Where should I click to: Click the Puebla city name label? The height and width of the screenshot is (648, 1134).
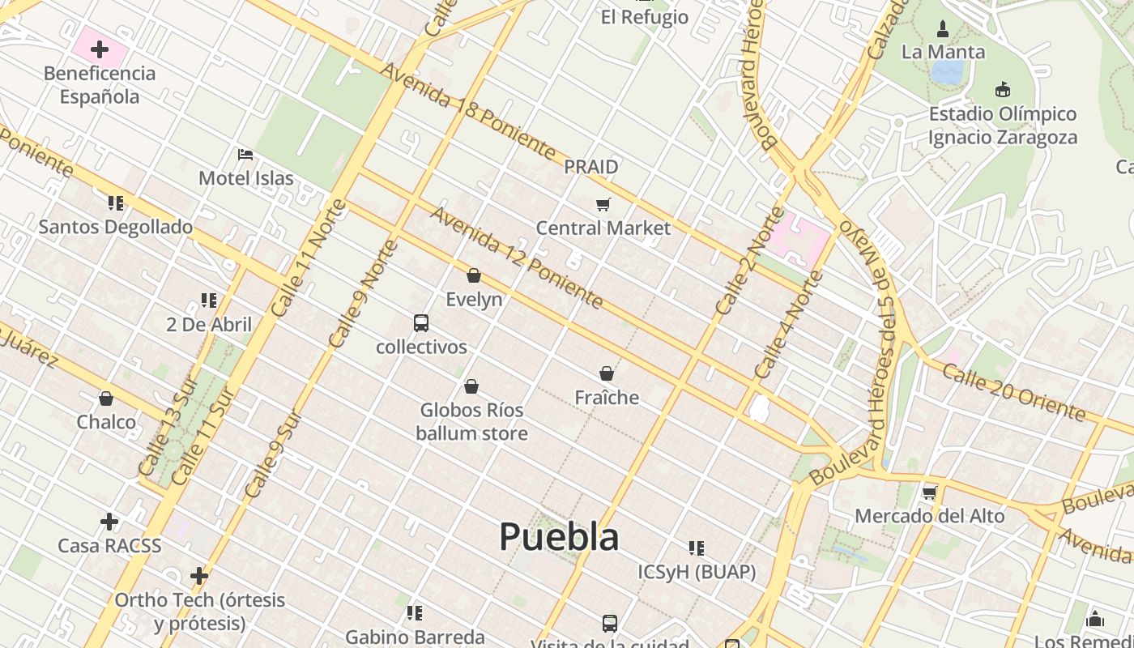559,536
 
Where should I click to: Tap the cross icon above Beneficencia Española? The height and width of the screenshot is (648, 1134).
100,50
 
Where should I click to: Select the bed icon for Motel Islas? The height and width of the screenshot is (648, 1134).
245,154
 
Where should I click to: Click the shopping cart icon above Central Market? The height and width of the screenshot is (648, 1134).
603,204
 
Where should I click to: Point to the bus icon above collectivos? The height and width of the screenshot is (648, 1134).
421,323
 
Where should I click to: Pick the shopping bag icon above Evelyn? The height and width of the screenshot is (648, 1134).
474,276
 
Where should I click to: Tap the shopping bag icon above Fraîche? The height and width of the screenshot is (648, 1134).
607,373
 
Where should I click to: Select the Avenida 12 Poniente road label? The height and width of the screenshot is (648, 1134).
517,257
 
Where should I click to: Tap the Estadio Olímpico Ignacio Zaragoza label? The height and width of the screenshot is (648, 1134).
1003,126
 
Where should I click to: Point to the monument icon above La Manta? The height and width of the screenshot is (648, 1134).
942,29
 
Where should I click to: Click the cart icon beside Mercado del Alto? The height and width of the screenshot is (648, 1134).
929,492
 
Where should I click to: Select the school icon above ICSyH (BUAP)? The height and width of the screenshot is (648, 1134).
697,548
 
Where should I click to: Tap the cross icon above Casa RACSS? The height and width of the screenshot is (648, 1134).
109,522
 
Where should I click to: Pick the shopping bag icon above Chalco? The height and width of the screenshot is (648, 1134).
106,399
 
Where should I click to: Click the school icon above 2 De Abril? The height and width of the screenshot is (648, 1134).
209,301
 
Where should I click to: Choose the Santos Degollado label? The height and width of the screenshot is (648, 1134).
116,227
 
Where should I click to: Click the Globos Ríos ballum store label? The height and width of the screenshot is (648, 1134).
471,421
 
